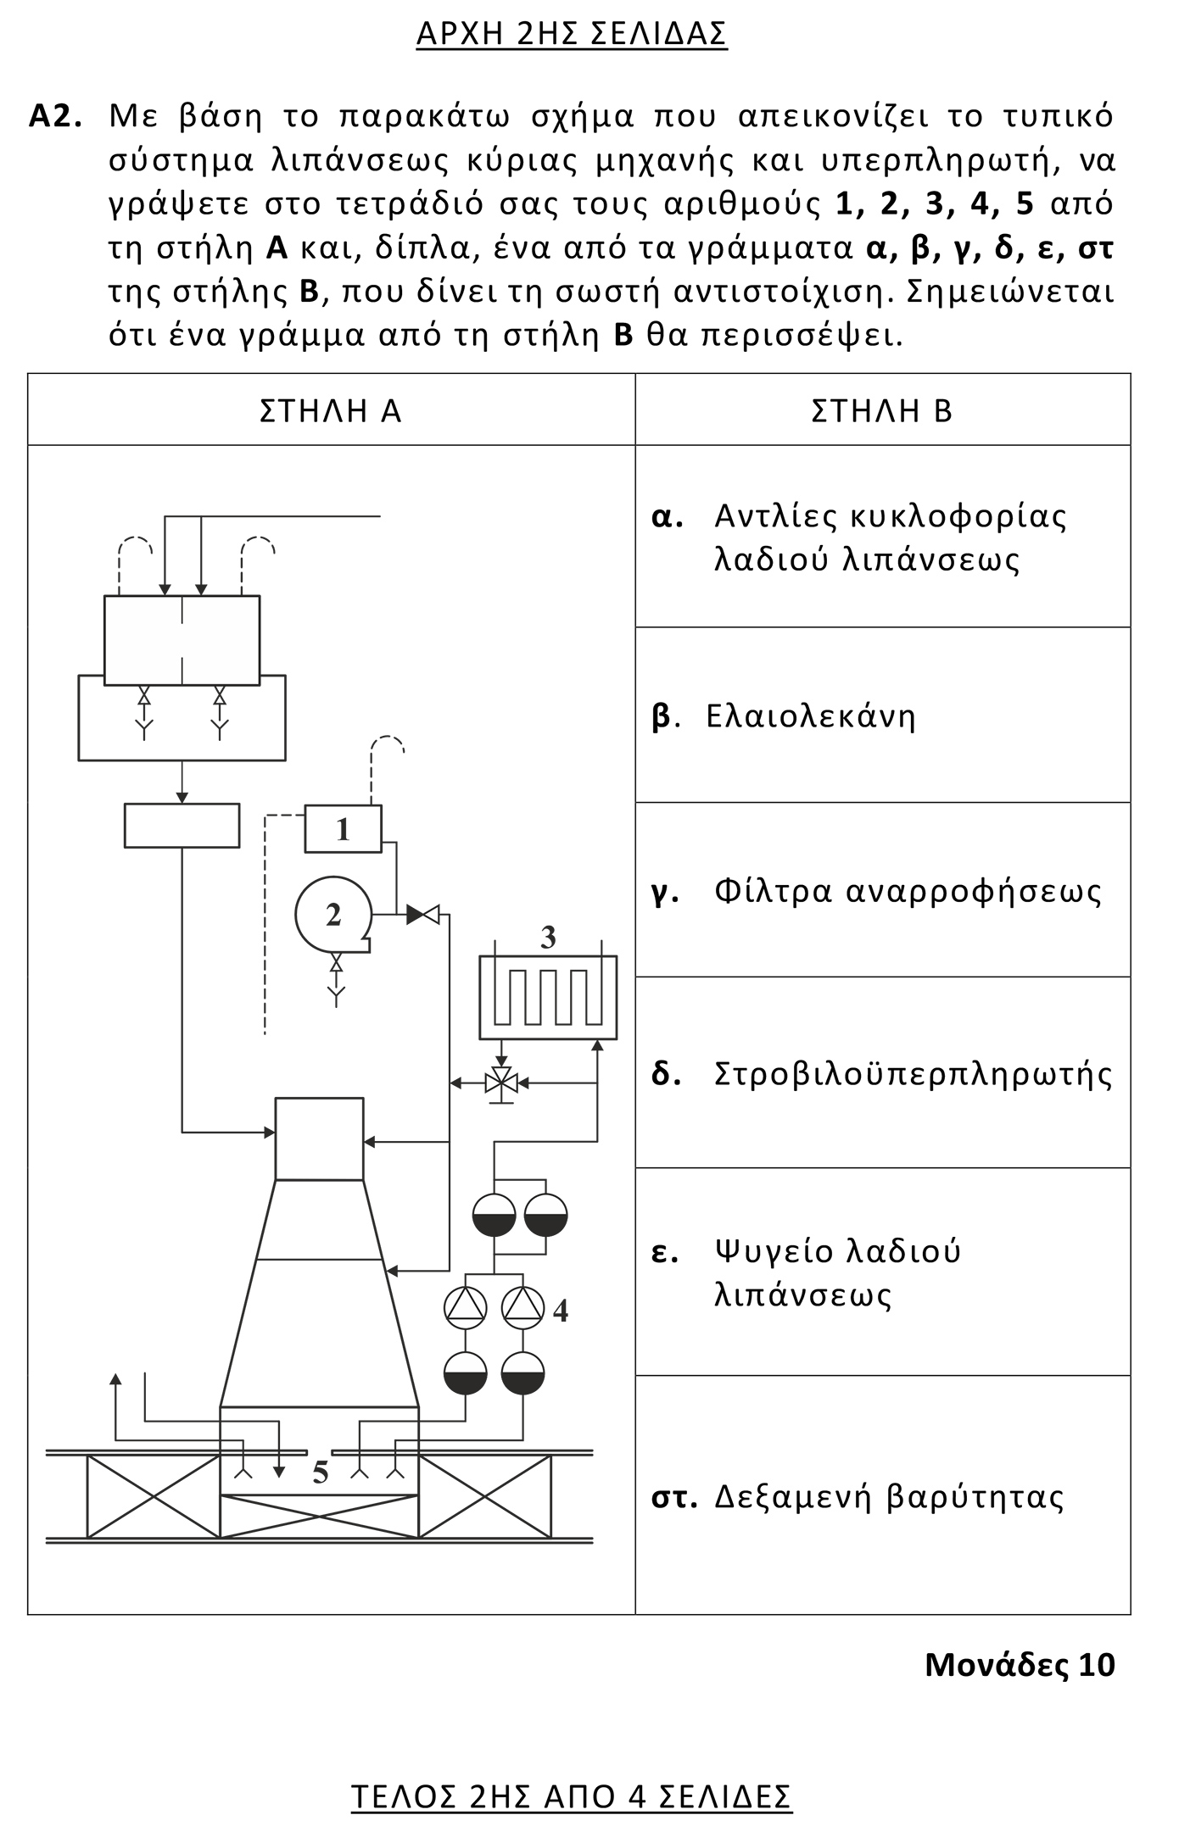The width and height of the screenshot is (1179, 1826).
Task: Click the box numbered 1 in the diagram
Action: pos(343,828)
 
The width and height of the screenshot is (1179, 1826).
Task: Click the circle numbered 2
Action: pos(332,915)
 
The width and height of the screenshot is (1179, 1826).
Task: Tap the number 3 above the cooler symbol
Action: pos(548,938)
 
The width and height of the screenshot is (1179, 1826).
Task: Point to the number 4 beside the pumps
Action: pos(560,1311)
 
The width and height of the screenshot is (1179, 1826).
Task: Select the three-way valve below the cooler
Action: pos(501,1083)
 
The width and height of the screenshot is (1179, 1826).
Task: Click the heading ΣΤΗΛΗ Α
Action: pos(330,411)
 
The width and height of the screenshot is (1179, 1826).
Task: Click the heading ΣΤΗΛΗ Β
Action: pos(882,411)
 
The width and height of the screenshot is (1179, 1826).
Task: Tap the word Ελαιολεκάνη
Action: pos(811,716)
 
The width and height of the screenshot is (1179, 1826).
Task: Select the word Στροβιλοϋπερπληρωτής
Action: pos(913,1073)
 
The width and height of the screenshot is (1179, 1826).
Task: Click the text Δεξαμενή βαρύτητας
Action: pos(889,1496)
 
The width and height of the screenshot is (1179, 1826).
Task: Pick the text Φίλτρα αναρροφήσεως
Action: pos(908,891)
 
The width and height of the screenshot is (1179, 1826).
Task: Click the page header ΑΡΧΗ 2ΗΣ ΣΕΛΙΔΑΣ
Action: pos(572,33)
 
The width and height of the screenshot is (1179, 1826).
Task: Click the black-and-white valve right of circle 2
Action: pos(422,915)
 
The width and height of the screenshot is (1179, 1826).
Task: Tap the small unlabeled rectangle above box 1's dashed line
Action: pos(182,825)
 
